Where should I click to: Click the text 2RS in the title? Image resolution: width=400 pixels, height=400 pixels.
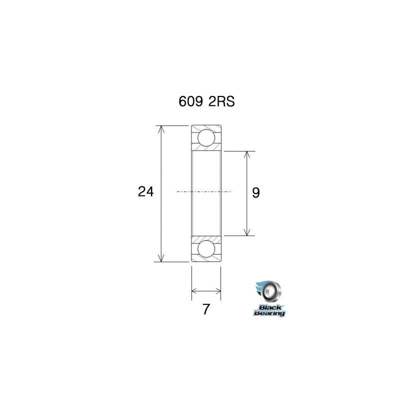tap(220, 101)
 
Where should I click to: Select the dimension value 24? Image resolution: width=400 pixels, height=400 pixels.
tap(145, 191)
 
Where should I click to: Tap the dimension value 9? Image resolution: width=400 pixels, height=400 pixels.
tap(255, 192)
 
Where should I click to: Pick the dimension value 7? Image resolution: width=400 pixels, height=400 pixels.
tap(205, 309)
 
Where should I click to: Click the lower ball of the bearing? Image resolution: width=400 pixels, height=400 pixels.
tap(206, 248)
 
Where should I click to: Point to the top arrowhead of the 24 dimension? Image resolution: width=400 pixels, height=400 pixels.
tap(161, 129)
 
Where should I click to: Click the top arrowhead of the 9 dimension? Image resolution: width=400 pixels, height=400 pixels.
tap(246, 154)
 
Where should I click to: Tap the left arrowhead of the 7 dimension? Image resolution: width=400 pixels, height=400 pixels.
tap(195, 290)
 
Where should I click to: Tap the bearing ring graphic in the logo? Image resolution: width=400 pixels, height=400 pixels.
tap(272, 291)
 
